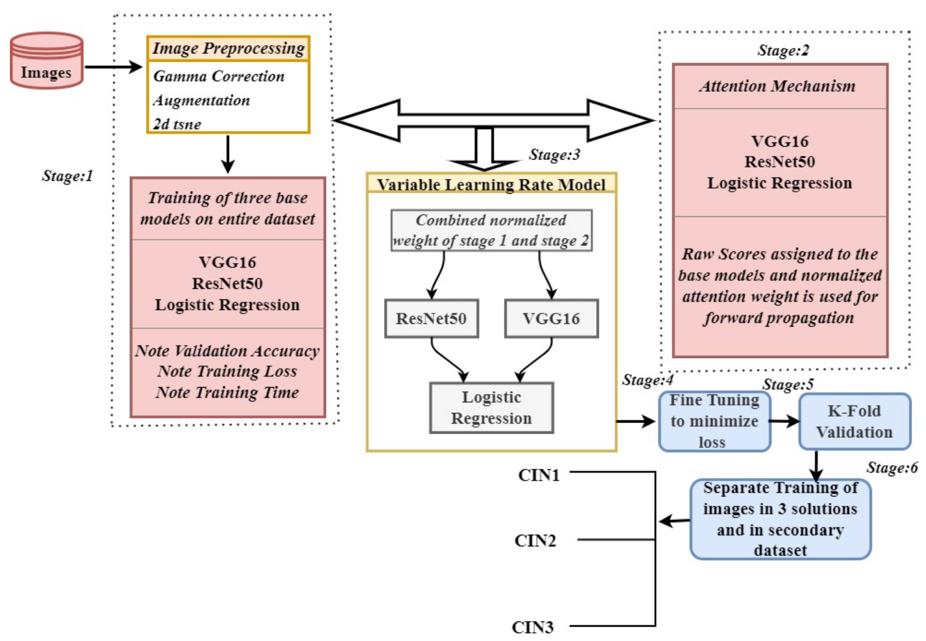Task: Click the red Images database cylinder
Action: pos(46,61)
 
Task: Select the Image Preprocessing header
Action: pos(228,48)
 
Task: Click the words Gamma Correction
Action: pos(219,76)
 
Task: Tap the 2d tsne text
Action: pos(177,124)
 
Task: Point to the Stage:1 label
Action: pos(67,176)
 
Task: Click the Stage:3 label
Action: pos(554,154)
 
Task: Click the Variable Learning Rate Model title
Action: pos(491,184)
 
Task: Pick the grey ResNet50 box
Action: pos(431,318)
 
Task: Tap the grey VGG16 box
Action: pos(551,318)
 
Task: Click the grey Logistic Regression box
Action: pos(491,408)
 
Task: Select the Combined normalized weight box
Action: pos(491,230)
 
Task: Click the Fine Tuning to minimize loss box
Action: pos(714,421)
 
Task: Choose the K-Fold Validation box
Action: pos(855,421)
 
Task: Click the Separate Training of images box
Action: pos(780,519)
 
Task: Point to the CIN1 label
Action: pos(539,475)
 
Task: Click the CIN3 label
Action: pos(533,627)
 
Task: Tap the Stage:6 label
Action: pos(892,467)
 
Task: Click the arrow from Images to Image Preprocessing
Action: pos(114,67)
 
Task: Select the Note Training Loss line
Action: pos(227,371)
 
